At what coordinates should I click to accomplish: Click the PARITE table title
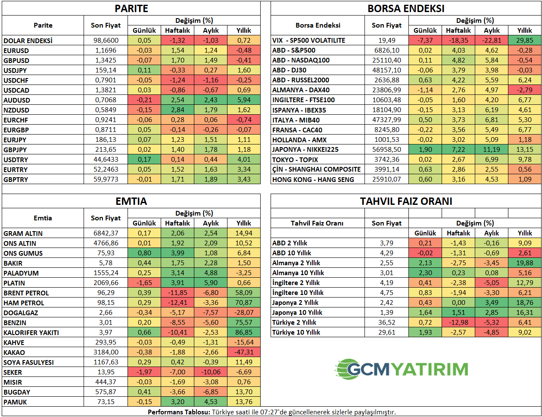coord(131,9)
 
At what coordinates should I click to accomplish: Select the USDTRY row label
coord(16,160)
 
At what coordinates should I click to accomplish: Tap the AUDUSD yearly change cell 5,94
coord(244,100)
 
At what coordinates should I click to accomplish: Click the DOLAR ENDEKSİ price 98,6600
coord(106,41)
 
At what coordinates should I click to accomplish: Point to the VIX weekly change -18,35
coord(458,41)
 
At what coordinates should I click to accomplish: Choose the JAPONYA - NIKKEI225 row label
coord(305,150)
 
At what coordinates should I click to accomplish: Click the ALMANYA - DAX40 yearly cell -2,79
coord(525,90)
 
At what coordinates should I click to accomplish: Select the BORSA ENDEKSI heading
coord(406,9)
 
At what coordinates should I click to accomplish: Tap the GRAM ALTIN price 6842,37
coord(106,233)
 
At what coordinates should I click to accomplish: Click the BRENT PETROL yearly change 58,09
coord(244,293)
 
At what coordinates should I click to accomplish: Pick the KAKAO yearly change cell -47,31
coord(244,352)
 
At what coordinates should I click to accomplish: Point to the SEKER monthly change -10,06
coord(211,372)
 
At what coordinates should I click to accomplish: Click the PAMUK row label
coord(16,402)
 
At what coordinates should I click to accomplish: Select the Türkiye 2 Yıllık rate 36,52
coord(387,323)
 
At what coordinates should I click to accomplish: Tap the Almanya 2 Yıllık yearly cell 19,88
coord(525,263)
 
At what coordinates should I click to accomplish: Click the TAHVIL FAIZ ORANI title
coord(406,201)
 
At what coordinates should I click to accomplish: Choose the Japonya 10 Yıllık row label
coord(297,313)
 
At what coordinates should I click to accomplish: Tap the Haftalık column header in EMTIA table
coord(178,223)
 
